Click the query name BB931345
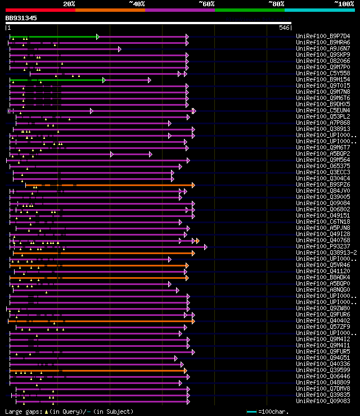21,18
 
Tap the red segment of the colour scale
40,10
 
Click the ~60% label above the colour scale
206,3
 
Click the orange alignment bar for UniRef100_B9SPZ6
112,185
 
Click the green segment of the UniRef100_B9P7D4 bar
53,37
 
